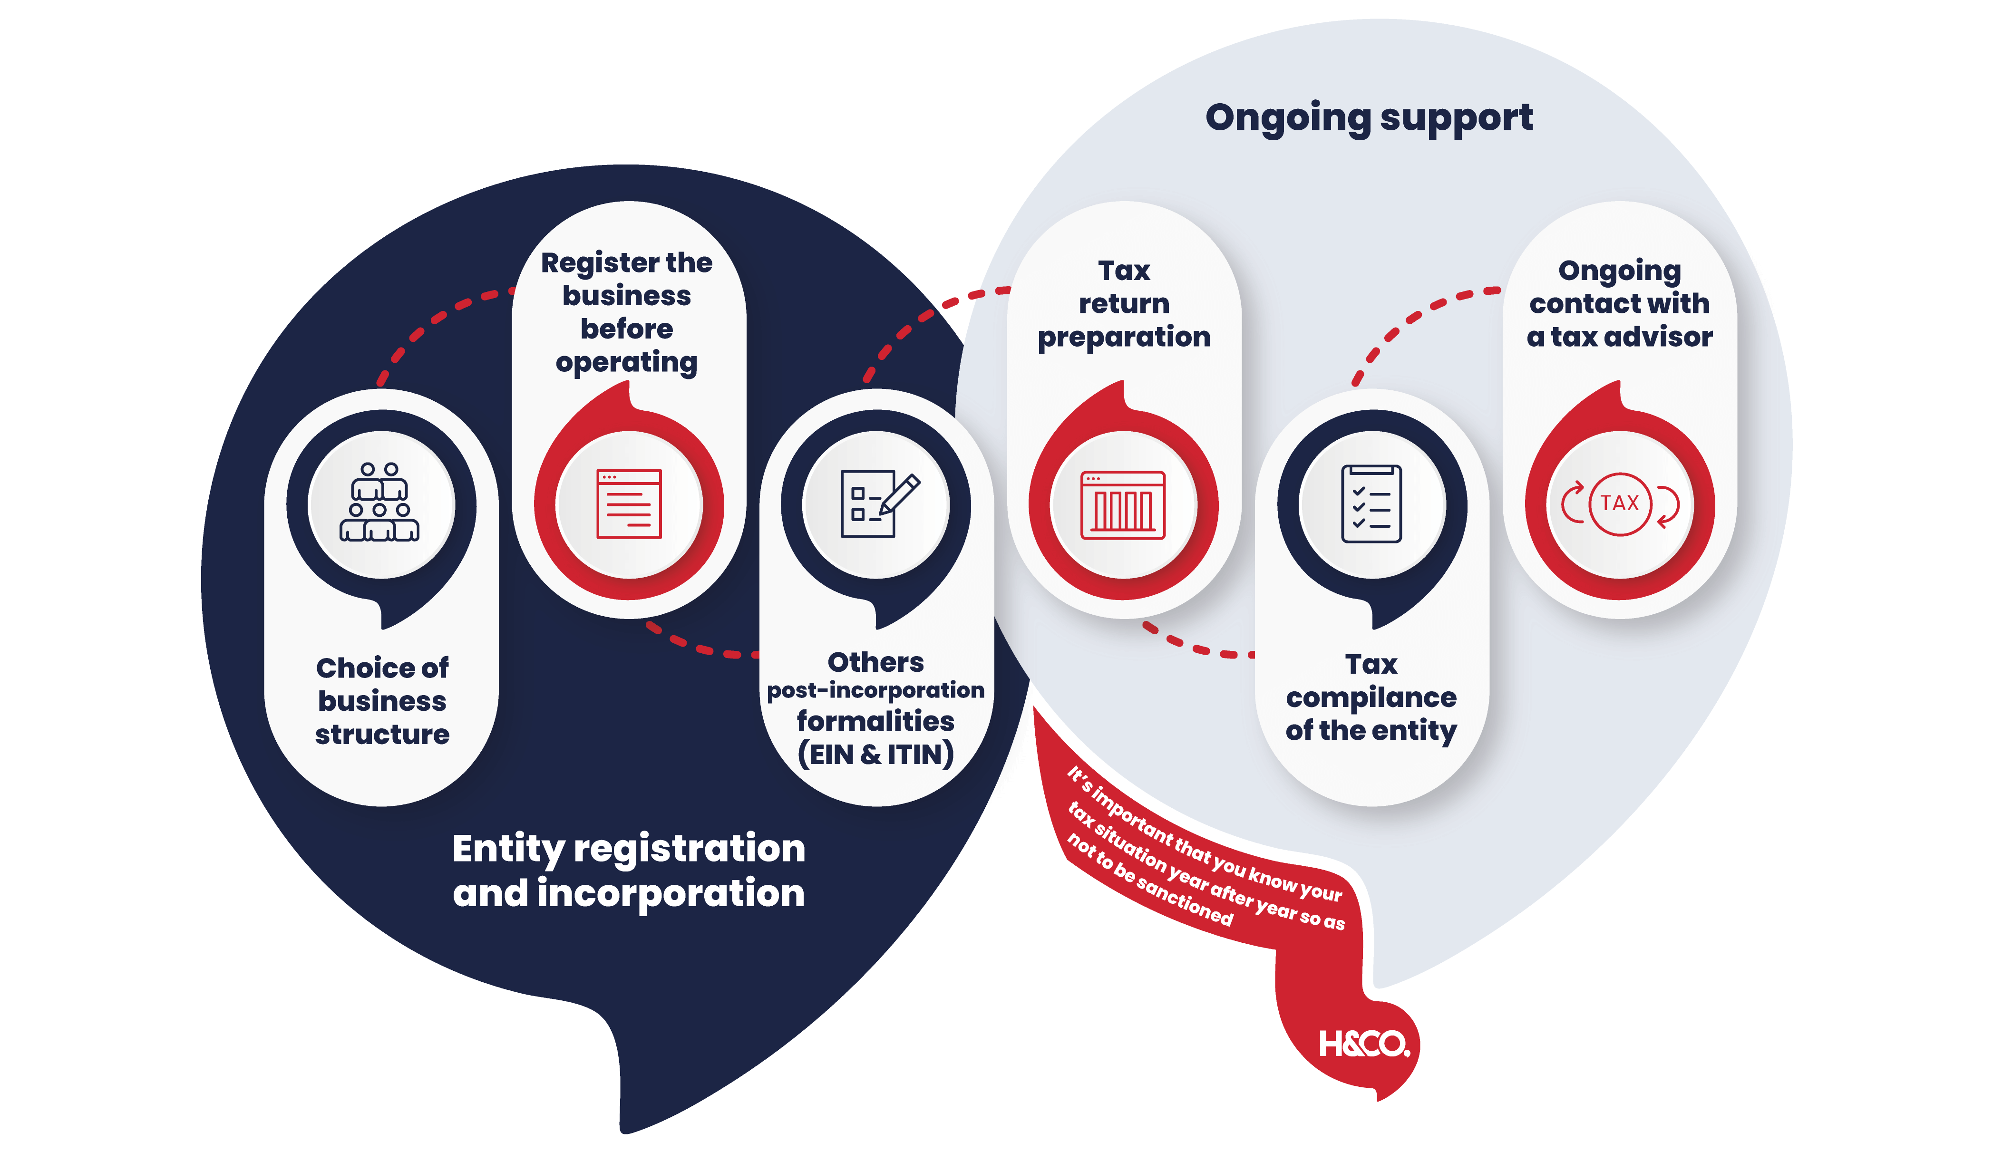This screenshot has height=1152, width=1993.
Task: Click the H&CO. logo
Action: pyautogui.click(x=1364, y=1045)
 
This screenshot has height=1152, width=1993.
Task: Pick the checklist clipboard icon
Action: pyautogui.click(x=1371, y=503)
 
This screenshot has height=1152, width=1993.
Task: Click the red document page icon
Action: pyautogui.click(x=629, y=503)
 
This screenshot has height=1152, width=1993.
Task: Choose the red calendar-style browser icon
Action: pyautogui.click(x=1123, y=503)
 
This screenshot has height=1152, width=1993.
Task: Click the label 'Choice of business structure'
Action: pyautogui.click(x=382, y=700)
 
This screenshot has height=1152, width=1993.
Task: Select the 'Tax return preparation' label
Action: pyautogui.click(x=1124, y=304)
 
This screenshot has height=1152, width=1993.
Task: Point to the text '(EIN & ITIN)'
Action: pyautogui.click(x=875, y=755)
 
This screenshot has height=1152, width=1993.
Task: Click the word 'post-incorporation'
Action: pyautogui.click(x=875, y=690)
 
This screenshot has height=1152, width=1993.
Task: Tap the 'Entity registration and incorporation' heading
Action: pyautogui.click(x=629, y=870)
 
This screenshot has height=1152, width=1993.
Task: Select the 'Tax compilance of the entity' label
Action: pyautogui.click(x=1371, y=697)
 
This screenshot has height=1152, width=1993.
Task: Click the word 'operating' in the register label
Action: pyautogui.click(x=626, y=363)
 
